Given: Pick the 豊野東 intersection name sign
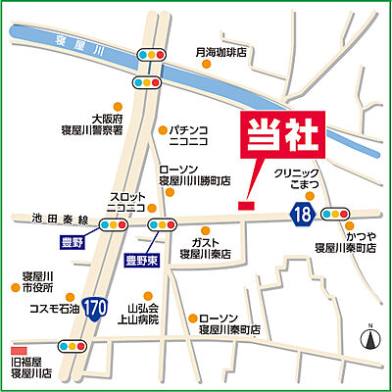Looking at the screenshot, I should [x=142, y=261].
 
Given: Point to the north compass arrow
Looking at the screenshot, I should [x=370, y=339].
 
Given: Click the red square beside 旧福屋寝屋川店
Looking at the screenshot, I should [x=16, y=350].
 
